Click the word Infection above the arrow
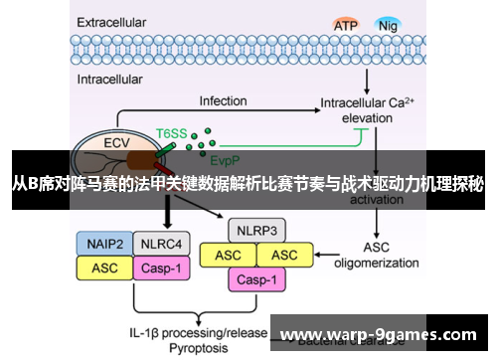(223, 101)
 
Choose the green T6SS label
(171, 131)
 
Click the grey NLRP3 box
(256, 231)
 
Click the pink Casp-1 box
(256, 280)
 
